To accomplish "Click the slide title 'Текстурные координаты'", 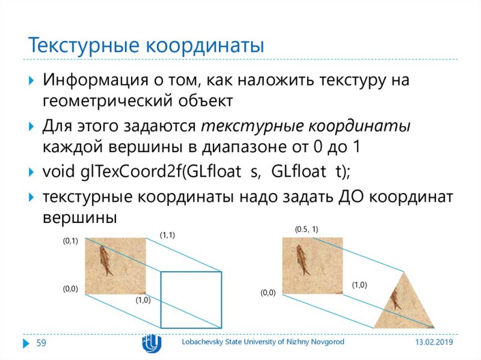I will click(x=147, y=44).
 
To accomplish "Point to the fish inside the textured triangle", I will click(x=395, y=299).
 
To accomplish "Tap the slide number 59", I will click(x=41, y=343).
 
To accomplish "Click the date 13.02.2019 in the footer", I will click(x=434, y=342).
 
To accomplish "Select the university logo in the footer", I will click(x=151, y=343).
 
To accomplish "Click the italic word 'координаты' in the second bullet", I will click(x=360, y=126).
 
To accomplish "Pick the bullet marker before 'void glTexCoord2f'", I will click(x=32, y=172).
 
